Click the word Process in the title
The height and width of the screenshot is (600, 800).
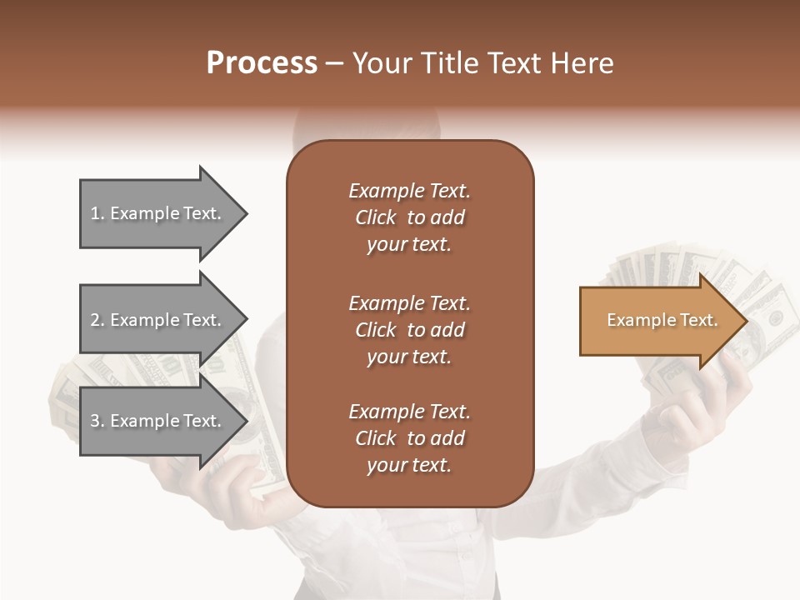tap(262, 63)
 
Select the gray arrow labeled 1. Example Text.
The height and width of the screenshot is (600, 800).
tap(158, 213)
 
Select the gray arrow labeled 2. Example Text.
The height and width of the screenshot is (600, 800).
tap(158, 320)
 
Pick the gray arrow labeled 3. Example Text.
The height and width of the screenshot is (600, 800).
tap(158, 421)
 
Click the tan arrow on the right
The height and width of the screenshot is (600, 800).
tap(658, 321)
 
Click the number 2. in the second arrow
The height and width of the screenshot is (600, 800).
tap(97, 320)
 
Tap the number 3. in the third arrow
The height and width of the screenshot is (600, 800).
tap(97, 421)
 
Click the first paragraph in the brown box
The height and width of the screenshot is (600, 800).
tap(409, 217)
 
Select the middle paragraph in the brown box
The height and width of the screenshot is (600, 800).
tap(409, 330)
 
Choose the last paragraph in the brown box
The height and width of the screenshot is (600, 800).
tap(409, 438)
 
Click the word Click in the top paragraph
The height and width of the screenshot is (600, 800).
tap(375, 217)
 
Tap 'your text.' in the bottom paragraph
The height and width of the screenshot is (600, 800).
tap(409, 465)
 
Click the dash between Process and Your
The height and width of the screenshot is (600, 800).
tap(334, 64)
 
